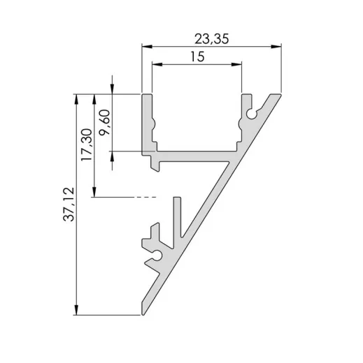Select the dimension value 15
pyautogui.click(x=197, y=57)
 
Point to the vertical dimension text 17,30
pyautogui.click(x=86, y=145)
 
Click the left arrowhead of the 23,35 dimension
pyautogui.click(x=146, y=47)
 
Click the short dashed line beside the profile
pyautogui.click(x=143, y=198)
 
